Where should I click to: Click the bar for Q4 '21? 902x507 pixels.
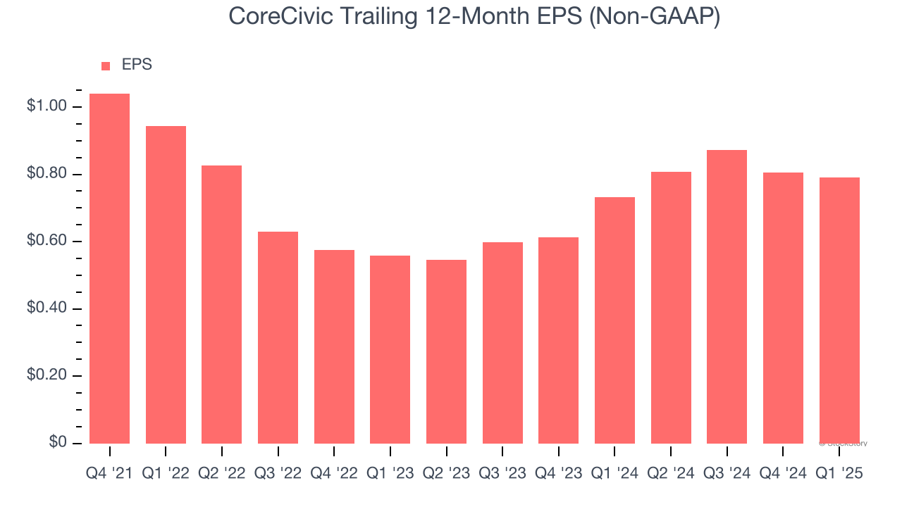(109, 268)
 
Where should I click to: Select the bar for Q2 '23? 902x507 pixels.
(446, 351)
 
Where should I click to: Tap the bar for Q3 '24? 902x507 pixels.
(727, 296)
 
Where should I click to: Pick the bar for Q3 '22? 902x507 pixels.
(278, 337)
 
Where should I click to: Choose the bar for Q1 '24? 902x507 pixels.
(614, 320)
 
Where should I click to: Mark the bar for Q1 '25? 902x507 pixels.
(839, 310)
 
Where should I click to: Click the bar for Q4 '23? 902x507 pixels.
(558, 340)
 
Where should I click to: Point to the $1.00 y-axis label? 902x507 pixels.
(47, 106)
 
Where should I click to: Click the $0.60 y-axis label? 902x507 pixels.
(47, 242)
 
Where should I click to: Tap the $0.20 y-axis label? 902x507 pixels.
(47, 375)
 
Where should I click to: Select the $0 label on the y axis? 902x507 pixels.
(58, 442)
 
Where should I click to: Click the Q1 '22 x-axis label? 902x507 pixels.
(166, 474)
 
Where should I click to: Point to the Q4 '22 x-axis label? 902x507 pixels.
(334, 474)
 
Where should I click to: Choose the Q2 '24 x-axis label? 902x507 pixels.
(671, 474)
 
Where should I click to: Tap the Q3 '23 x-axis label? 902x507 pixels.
(502, 474)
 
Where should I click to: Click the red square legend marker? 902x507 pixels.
(106, 65)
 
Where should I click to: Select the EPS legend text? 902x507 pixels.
(137, 65)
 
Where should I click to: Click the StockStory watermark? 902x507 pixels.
(844, 444)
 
